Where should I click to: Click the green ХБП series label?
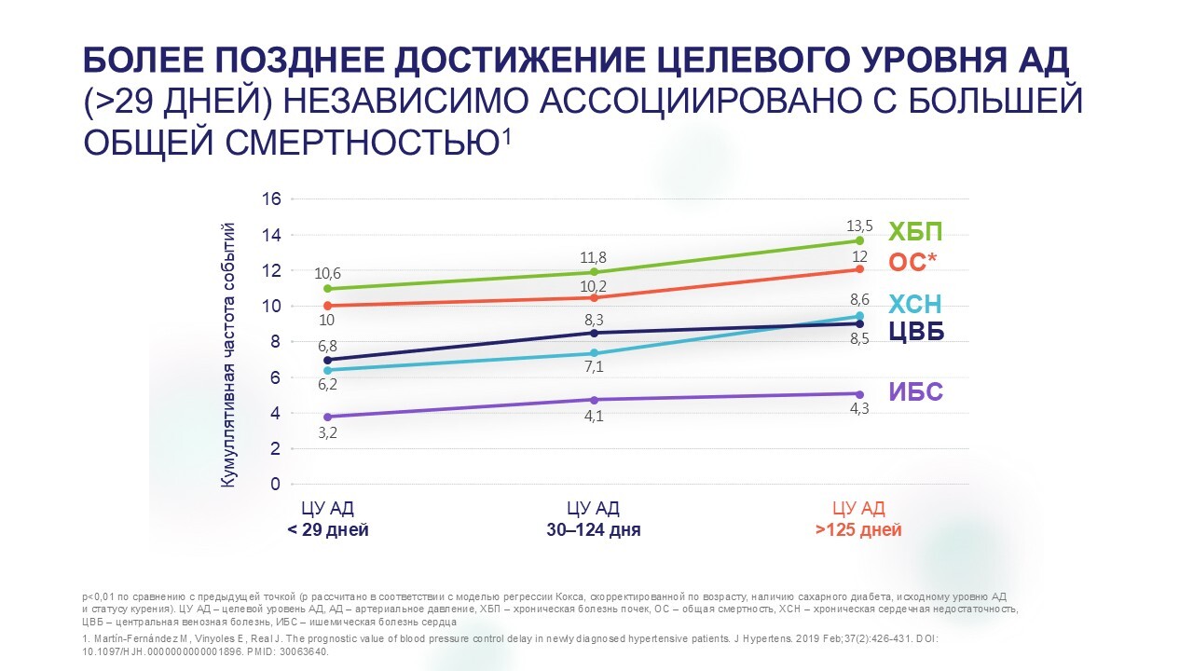point(915,232)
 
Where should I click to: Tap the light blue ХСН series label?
point(915,304)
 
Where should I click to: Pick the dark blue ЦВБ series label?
point(916,331)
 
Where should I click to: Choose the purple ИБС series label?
point(915,392)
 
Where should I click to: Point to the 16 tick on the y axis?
point(271,199)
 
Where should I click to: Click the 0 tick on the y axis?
point(275,485)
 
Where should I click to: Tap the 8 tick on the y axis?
point(275,342)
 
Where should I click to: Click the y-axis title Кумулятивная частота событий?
point(227,355)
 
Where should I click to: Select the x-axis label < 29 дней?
point(327,530)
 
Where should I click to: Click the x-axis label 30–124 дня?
point(593,530)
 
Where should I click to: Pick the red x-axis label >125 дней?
point(858,530)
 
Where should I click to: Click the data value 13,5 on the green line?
point(858,225)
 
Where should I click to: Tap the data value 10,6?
point(327,273)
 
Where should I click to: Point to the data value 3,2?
point(327,432)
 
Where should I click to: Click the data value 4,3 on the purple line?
point(858,409)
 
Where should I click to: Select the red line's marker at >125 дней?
point(859,269)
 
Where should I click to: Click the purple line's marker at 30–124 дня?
point(594,400)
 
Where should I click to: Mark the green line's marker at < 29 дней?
point(327,289)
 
